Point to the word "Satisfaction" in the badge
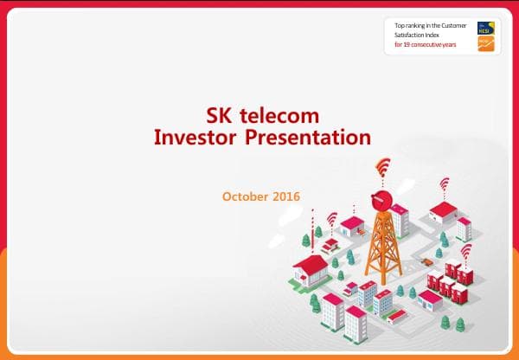point(413,35)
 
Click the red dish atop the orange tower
point(381,199)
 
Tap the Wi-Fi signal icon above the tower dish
point(382,167)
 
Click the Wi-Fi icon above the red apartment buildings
point(465,252)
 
